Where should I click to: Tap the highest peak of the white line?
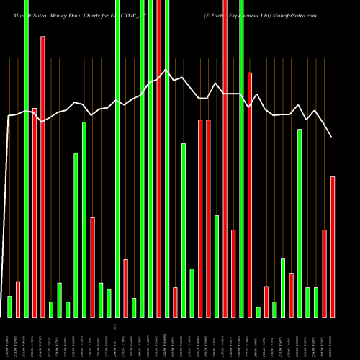point(166,70)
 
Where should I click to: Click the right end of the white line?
point(332,136)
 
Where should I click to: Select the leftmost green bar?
point(9,306)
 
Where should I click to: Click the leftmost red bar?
point(18,299)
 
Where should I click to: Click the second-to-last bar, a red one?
point(324,273)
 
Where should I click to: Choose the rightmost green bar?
point(316,302)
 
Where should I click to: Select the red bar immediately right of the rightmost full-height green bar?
point(250,194)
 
